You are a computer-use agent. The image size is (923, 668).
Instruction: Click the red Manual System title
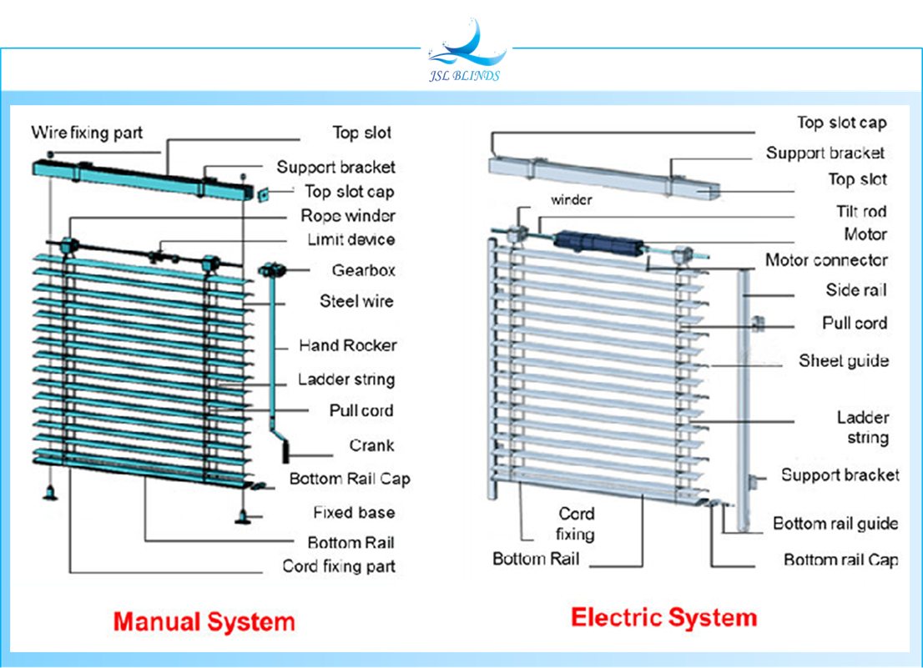pos(204,621)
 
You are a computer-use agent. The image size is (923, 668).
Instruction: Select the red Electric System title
pos(663,618)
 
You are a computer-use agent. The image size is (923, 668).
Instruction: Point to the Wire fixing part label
pos(87,133)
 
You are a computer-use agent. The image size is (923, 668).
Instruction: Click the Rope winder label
pos(348,216)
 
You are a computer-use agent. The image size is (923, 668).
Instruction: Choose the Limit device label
pos(351,240)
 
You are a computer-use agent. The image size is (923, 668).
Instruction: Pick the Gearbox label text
pos(363,270)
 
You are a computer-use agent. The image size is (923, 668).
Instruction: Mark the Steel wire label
pos(356,301)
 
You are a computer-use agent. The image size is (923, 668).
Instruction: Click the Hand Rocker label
pos(347,345)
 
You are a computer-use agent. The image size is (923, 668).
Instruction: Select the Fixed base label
pos(354,512)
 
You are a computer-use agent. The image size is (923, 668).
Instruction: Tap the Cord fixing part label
pos(338,566)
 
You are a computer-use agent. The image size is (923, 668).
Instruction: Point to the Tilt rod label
pos(861,212)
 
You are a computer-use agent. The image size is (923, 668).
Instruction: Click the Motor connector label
pos(826,260)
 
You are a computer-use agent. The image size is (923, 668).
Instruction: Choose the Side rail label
pos(856,290)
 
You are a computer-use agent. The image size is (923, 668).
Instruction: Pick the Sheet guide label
pos(843,360)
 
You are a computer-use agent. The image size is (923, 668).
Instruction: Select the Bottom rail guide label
pos(835,524)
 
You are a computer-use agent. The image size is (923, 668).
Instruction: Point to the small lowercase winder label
pos(571,200)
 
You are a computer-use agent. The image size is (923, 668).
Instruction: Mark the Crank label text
pos(371,445)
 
